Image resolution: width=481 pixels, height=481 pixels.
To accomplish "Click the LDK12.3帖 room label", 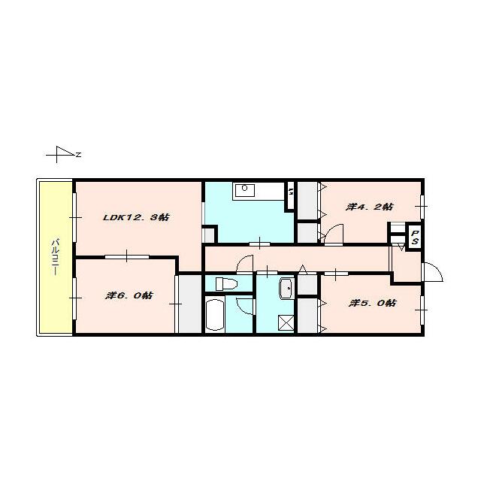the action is tap(136, 217).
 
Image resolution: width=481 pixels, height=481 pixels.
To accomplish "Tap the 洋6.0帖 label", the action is tap(129, 295).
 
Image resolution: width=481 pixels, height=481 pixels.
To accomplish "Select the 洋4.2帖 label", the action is tap(369, 207).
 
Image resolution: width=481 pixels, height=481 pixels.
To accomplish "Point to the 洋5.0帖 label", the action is tap(373, 303).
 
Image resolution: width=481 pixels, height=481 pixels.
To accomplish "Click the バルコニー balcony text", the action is tap(55, 257).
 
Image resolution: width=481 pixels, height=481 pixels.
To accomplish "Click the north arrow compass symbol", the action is tap(63, 154).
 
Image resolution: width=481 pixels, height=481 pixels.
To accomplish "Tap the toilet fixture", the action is tap(226, 284).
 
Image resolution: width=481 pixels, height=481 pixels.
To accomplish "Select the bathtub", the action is tap(215, 315).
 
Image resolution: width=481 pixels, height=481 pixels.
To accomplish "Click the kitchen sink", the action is tap(244, 190).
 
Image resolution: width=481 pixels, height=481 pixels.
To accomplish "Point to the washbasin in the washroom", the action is tap(287, 289).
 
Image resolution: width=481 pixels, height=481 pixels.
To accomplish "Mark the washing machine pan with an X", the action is tap(286, 322).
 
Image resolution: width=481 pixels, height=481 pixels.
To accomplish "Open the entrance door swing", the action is tap(433, 272).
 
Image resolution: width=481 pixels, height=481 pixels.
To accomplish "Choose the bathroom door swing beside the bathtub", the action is tap(246, 306).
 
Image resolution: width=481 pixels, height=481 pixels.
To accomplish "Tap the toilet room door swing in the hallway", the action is tap(245, 264).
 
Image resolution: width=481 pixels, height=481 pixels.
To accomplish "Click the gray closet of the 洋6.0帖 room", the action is tap(190, 304).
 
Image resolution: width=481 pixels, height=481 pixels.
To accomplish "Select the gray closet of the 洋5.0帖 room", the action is tap(307, 315).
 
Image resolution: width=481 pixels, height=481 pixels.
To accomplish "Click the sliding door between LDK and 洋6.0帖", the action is tap(127, 256).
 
